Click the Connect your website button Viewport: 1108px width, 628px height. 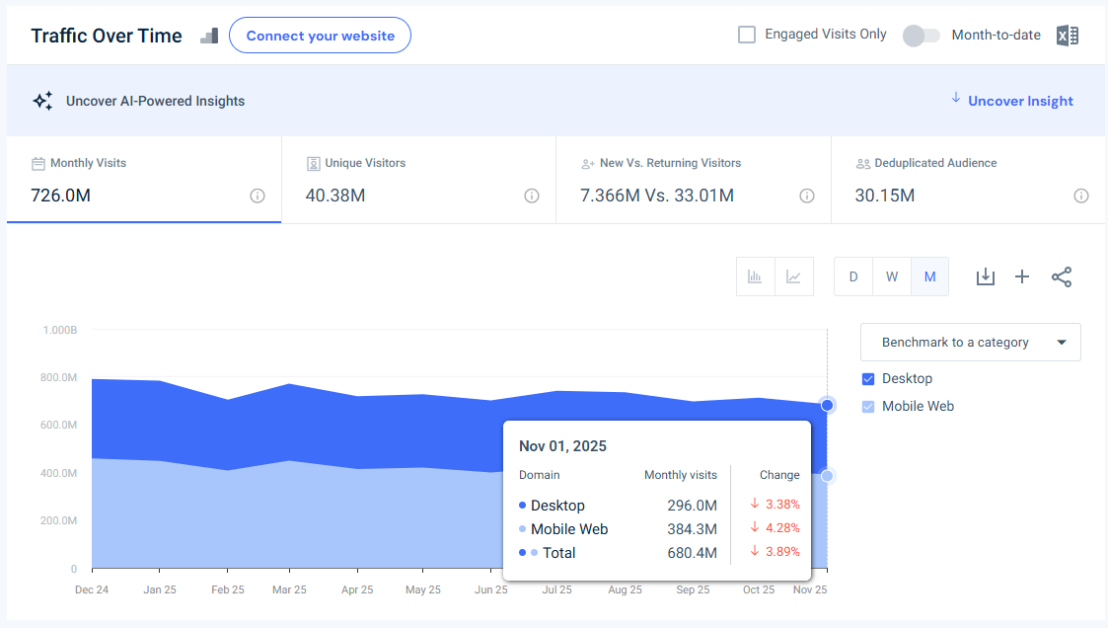[320, 36]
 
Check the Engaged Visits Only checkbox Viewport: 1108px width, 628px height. [747, 35]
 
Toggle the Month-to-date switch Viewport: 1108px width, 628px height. [921, 36]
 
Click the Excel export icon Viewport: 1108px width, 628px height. [1067, 36]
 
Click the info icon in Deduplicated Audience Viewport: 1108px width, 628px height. [1081, 196]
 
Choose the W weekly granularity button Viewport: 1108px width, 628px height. [891, 276]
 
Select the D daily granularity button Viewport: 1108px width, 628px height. [853, 276]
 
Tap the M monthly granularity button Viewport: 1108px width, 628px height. [929, 276]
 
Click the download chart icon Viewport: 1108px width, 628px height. [985, 276]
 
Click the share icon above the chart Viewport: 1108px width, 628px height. [1062, 276]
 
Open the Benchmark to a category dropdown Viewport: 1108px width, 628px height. [970, 343]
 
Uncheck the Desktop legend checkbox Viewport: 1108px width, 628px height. [868, 379]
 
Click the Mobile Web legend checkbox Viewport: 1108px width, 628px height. [868, 407]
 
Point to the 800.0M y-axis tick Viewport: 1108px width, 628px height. [59, 377]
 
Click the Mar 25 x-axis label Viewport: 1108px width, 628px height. [289, 589]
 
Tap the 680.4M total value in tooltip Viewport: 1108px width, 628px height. [692, 553]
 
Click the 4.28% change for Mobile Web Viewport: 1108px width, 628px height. [781, 529]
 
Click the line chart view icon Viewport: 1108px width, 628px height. [793, 276]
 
